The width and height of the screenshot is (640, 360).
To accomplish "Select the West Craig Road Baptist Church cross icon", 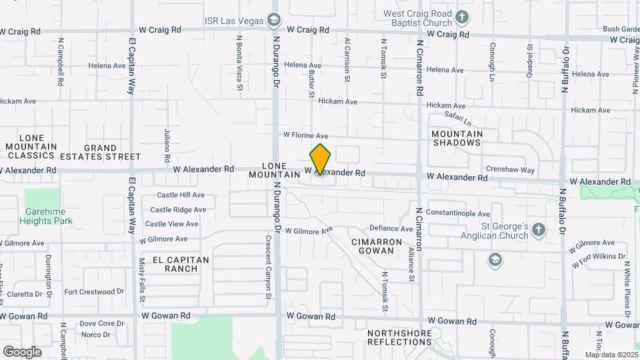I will (461, 15).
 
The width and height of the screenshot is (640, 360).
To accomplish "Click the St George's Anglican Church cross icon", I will (539, 231).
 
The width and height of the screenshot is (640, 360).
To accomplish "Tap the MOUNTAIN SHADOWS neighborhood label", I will (457, 138).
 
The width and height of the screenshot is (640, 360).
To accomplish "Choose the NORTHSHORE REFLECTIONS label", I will (400, 337).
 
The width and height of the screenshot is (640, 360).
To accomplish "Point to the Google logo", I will (22, 351).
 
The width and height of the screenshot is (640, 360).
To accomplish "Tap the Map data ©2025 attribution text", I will (611, 355).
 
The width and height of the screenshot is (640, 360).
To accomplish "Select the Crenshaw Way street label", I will (511, 170).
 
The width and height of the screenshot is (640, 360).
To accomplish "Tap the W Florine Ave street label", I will (305, 135).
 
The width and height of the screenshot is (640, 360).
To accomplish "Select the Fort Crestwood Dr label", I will (95, 291).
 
